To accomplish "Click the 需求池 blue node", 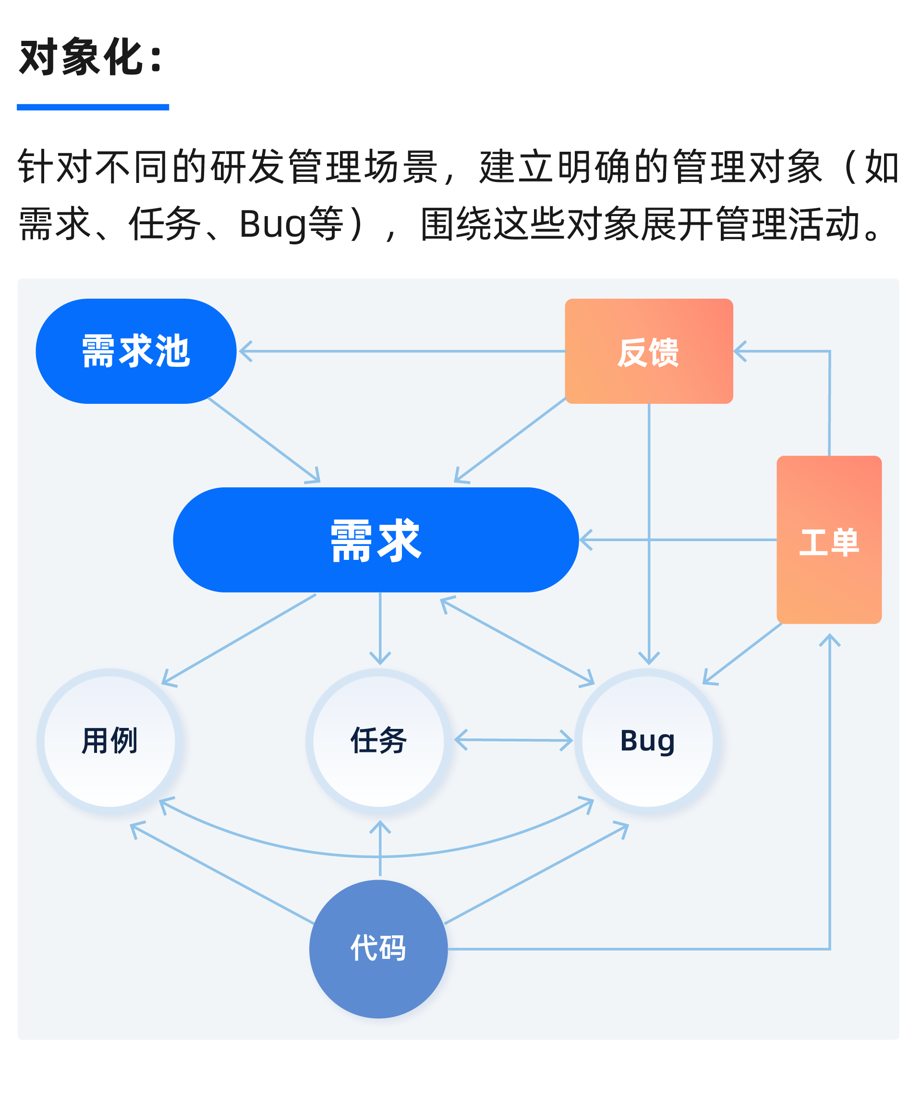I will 136,351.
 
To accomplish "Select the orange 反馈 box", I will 648,351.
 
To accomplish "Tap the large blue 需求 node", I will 376,540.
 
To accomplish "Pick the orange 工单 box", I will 829,540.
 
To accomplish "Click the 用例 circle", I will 109,741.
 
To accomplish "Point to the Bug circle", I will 648,741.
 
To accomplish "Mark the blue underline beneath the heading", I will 93,108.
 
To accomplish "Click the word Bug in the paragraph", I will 273,224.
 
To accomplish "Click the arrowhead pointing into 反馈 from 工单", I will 740,351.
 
